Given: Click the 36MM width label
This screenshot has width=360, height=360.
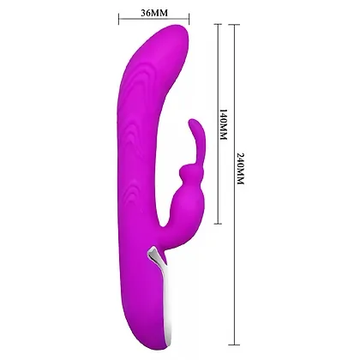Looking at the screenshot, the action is click(x=154, y=13).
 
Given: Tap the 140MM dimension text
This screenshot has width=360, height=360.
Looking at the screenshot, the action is click(x=223, y=124).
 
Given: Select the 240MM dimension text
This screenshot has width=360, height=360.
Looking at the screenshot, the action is click(x=241, y=169).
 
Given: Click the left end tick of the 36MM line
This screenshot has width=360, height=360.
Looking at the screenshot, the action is click(x=119, y=19).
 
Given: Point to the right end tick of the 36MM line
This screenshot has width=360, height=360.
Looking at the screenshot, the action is click(x=189, y=19).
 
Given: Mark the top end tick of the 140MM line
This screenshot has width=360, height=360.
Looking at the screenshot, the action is click(x=218, y=24).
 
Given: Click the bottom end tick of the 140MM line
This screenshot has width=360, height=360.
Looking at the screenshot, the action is click(x=218, y=224).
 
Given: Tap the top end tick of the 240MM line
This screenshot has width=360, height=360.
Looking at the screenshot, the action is click(x=234, y=24).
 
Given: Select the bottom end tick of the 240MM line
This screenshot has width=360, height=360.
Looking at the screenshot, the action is click(x=234, y=345).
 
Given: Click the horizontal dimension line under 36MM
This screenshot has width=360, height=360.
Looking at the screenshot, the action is click(x=154, y=19).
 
